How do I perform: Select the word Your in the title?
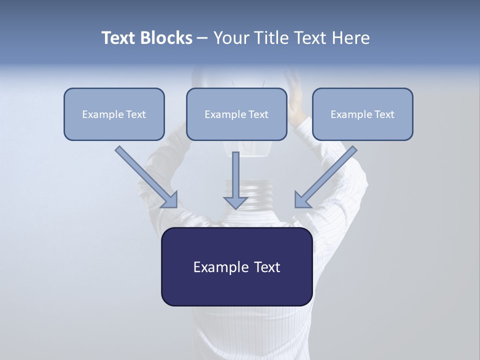click(x=231, y=38)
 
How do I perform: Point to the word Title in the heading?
click(x=271, y=38)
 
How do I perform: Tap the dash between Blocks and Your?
click(x=202, y=38)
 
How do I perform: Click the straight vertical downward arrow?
click(x=235, y=180)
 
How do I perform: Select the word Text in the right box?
click(x=384, y=114)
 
